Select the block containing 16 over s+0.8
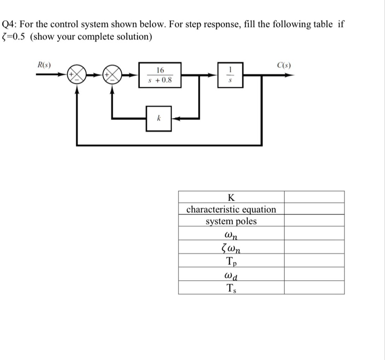(159, 75)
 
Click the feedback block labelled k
(159, 119)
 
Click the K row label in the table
(231, 197)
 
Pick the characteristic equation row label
(231, 209)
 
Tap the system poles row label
(231, 222)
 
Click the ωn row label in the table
(231, 235)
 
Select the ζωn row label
(231, 248)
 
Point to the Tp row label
(231, 261)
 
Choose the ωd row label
(231, 274)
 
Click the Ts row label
(231, 288)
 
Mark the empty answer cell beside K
(314, 197)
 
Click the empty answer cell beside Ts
(314, 288)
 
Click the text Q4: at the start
(11, 24)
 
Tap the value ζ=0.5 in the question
(14, 37)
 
